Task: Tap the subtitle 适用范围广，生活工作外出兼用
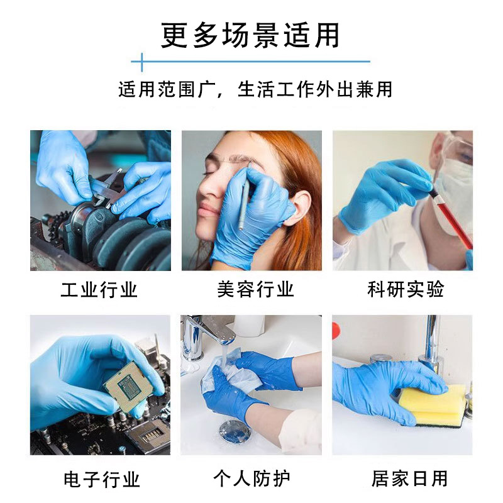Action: [x=255, y=89]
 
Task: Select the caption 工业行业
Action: [x=99, y=290]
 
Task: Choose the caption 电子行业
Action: [x=101, y=479]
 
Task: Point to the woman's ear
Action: [x=301, y=207]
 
